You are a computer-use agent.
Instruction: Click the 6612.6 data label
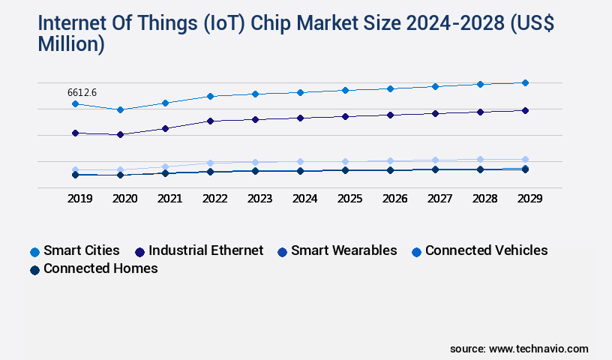82,92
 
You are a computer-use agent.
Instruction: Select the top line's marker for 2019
75,103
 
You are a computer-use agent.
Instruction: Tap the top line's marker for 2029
525,82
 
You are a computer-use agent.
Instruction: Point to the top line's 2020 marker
120,109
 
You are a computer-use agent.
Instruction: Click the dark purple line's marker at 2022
210,121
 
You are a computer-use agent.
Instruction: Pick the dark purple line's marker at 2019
75,133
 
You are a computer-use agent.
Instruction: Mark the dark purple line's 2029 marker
525,110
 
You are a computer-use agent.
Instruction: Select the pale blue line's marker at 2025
345,161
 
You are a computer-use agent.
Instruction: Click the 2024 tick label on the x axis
304,199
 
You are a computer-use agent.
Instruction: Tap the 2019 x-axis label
79,199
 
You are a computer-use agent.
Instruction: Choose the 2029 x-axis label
529,199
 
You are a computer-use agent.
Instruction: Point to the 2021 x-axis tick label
169,199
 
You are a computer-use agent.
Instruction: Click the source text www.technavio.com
538,349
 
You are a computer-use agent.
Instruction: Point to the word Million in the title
70,44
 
